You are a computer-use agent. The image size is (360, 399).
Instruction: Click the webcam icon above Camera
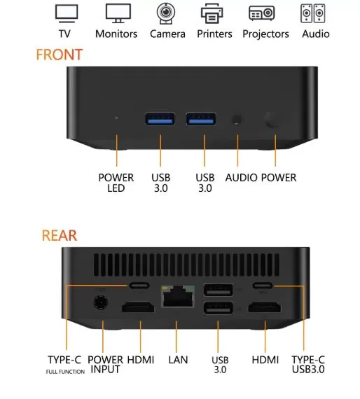click(166, 13)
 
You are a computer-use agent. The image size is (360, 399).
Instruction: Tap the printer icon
click(212, 13)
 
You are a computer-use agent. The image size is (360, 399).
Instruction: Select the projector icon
click(261, 13)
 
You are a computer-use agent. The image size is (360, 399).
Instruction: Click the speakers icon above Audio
click(313, 13)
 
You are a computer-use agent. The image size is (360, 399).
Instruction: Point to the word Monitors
click(116, 34)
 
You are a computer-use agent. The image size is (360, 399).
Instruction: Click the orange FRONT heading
click(60, 55)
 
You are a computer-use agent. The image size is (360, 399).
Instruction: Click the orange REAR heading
click(60, 235)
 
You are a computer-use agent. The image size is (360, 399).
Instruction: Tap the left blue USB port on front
click(160, 119)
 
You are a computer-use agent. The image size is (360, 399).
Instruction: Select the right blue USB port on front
click(201, 119)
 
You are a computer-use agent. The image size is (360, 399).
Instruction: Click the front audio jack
click(237, 120)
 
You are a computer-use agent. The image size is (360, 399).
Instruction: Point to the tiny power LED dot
click(116, 118)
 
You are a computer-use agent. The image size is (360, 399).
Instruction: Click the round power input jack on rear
click(101, 302)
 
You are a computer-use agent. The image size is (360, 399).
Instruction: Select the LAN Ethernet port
click(178, 296)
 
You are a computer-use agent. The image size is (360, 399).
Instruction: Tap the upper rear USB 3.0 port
click(219, 290)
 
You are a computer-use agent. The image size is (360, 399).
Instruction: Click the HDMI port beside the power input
click(138, 307)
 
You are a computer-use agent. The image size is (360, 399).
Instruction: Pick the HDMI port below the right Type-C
click(265, 307)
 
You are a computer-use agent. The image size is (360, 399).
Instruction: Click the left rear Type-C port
click(139, 286)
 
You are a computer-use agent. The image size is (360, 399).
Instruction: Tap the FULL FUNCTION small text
click(65, 372)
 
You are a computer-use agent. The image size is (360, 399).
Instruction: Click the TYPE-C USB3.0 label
click(308, 365)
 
